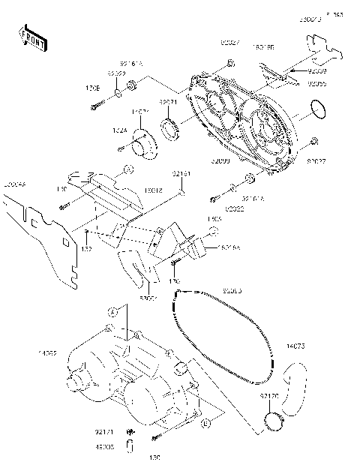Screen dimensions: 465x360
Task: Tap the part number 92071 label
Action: tap(166, 102)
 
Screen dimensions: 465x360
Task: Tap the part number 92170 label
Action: tap(270, 394)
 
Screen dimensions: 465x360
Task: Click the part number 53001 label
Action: tap(148, 297)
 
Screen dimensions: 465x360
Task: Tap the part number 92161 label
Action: tap(181, 174)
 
